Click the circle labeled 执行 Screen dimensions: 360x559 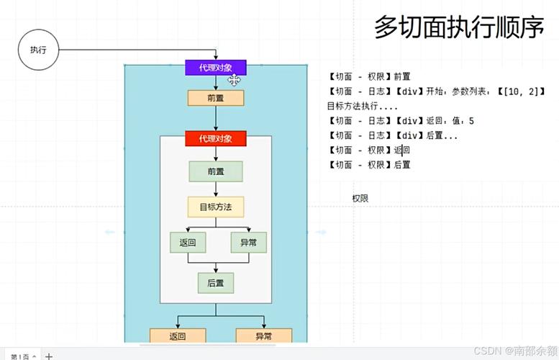point(37,50)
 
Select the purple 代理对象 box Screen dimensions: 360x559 point(216,68)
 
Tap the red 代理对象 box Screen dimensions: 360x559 point(216,138)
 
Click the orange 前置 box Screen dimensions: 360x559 point(216,99)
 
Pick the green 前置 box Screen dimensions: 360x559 point(216,171)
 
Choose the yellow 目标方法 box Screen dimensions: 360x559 point(216,207)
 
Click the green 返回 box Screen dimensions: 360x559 point(188,243)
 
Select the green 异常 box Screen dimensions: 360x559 point(248,243)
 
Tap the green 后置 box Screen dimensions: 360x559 point(216,283)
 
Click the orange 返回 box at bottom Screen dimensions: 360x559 point(178,336)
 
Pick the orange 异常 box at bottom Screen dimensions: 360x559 point(263,336)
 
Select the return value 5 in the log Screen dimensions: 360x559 point(471,120)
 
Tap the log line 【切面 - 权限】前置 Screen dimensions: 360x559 point(368,76)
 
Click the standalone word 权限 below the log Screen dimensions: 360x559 point(360,198)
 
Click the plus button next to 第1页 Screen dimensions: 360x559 point(49,356)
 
